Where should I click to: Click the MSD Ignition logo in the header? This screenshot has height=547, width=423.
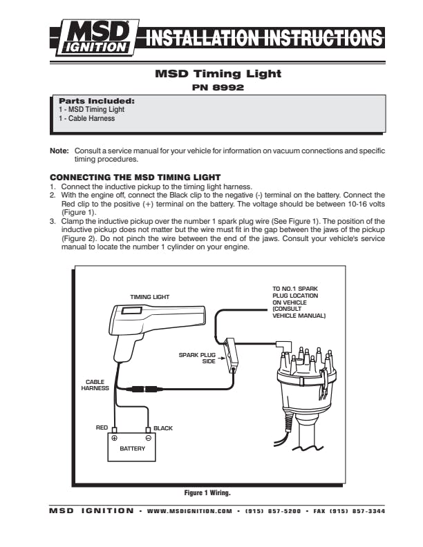(94, 37)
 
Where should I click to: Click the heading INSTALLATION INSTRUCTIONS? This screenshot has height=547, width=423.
(261, 38)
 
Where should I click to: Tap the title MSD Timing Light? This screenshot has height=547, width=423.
(218, 73)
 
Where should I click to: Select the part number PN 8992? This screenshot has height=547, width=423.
(218, 88)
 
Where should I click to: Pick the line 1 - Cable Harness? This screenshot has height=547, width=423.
(86, 118)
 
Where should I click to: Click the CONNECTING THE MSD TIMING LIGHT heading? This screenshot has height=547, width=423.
(135, 177)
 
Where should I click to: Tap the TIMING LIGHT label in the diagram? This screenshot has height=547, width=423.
(150, 297)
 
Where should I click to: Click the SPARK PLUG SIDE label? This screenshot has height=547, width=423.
(198, 358)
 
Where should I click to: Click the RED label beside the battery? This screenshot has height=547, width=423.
(102, 428)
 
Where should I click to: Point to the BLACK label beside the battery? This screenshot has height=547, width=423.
(163, 428)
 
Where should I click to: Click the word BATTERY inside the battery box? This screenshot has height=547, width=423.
(132, 449)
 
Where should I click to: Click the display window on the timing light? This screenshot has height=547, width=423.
(133, 311)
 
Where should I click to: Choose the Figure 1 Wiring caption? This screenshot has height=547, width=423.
(207, 493)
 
